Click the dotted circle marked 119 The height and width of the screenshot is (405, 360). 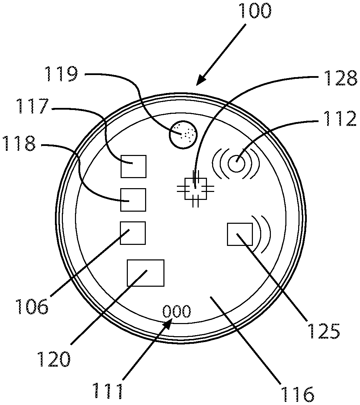click(183, 135)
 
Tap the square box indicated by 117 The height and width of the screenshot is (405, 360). click(133, 166)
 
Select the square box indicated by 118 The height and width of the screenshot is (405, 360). click(133, 200)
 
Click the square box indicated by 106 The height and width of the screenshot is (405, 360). click(133, 233)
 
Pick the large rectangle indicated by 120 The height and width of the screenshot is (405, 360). click(145, 273)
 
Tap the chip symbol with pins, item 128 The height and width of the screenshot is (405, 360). click(196, 188)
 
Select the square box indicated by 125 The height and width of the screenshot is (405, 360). click(240, 234)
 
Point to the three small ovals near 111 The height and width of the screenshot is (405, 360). click(177, 312)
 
